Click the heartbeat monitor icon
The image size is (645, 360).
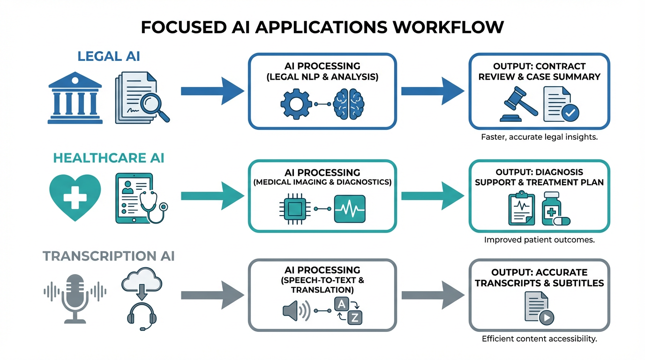[x=350, y=209]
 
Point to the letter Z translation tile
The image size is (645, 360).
[x=354, y=318]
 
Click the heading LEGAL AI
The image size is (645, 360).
[x=108, y=57]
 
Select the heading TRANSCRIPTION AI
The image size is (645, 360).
[x=108, y=256]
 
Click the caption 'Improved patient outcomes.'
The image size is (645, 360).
[x=539, y=240]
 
